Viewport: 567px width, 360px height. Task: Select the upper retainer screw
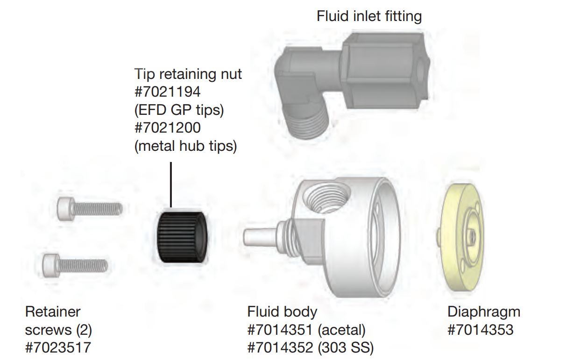point(89,208)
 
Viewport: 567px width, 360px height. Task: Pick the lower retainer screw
point(75,264)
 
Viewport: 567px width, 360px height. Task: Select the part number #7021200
point(168,127)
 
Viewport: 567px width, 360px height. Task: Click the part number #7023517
point(58,348)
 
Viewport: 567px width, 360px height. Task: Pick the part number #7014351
point(280,330)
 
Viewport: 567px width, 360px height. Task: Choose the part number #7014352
point(280,348)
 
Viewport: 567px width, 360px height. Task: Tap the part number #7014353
point(480,330)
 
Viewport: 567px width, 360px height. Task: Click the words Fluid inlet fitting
point(369,17)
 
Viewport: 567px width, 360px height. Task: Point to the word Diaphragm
point(483,311)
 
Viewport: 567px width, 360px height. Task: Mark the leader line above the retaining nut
point(171,184)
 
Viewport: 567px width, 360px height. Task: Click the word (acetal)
point(341,330)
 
